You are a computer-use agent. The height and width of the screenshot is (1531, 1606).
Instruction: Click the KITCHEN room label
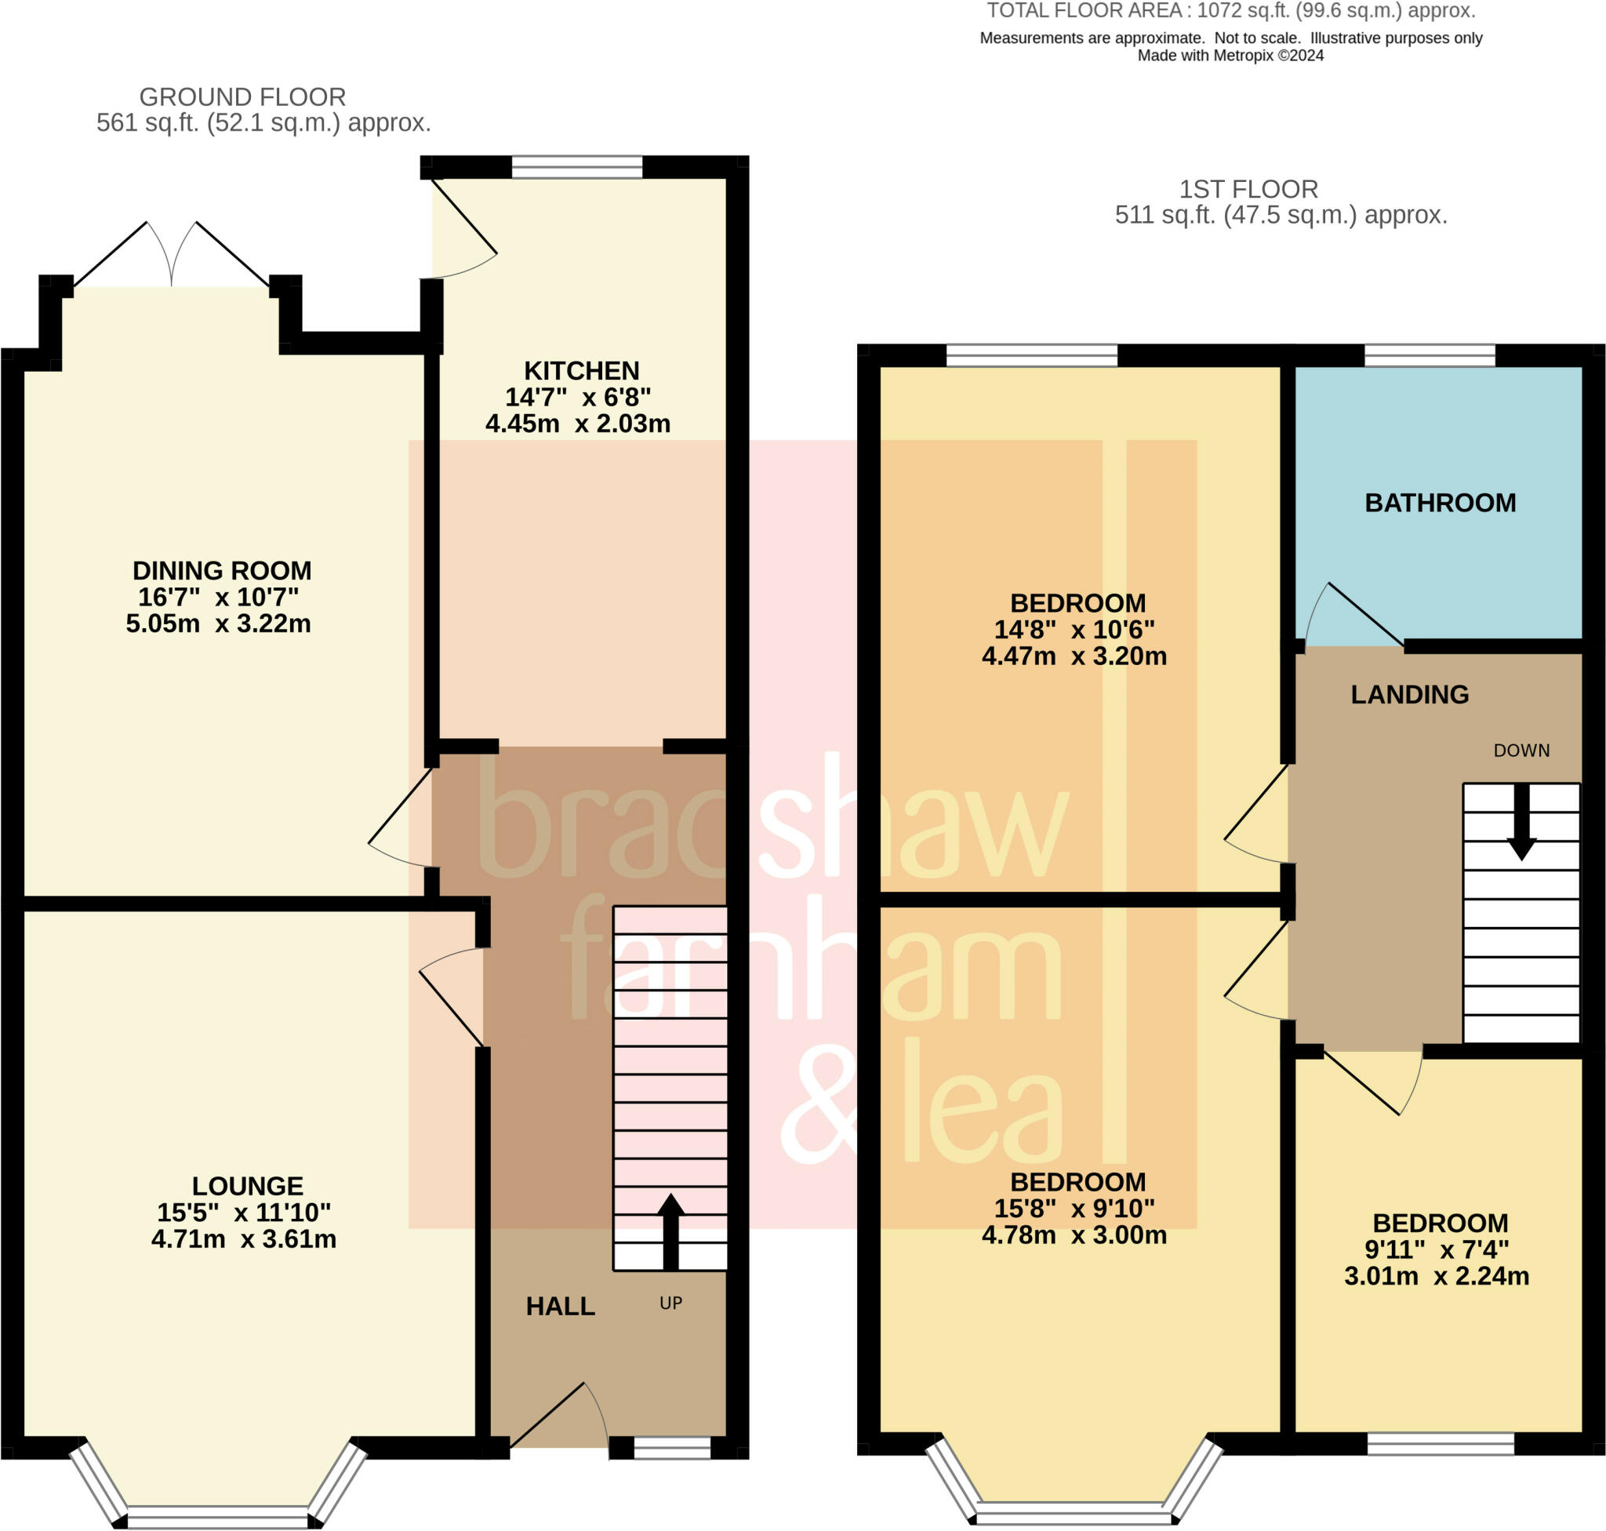(581, 370)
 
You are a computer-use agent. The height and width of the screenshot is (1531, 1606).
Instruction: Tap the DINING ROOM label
(222, 569)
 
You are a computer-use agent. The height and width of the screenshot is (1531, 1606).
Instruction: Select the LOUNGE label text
(247, 1185)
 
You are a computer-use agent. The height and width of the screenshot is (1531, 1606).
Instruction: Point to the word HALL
(560, 1306)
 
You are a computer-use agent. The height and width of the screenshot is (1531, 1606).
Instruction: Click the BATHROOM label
(1441, 503)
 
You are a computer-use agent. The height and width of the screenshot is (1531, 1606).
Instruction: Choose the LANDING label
(1409, 694)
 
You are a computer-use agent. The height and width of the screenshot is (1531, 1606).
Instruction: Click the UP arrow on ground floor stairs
(670, 1231)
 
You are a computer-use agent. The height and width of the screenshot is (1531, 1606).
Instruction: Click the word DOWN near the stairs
(1521, 751)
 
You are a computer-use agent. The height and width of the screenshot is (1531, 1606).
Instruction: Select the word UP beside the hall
(670, 1304)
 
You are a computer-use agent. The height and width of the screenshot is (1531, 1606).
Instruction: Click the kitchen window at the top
(577, 167)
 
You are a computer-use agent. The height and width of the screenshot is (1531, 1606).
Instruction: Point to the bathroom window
(1430, 356)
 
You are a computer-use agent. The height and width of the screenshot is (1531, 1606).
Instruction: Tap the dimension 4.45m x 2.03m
(578, 424)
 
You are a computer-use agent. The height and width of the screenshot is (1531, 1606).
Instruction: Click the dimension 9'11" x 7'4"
(1437, 1249)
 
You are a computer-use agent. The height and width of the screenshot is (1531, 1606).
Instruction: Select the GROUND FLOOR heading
(242, 97)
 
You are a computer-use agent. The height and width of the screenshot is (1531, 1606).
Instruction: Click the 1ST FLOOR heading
(1248, 189)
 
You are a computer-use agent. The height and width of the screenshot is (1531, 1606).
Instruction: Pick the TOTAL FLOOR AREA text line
(1231, 12)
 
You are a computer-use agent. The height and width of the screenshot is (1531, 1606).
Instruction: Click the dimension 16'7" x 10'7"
(219, 597)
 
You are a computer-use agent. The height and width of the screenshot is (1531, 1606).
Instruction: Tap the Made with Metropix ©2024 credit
(1230, 56)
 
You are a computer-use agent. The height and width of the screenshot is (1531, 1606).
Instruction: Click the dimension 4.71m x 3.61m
(244, 1238)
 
